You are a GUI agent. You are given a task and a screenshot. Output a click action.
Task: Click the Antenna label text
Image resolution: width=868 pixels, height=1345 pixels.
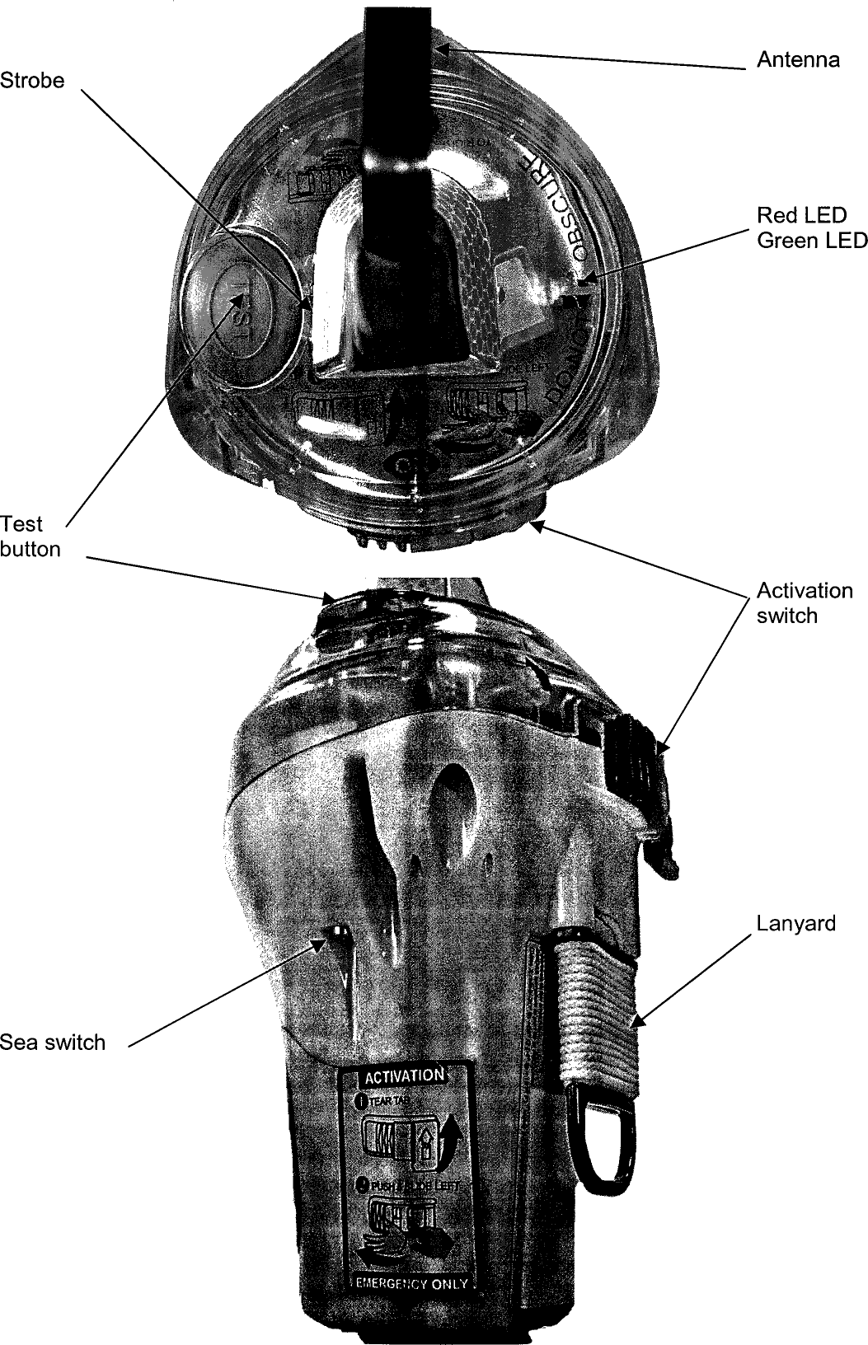pyautogui.click(x=798, y=60)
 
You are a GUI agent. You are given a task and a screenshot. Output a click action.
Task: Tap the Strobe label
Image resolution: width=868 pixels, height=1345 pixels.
pyautogui.click(x=32, y=81)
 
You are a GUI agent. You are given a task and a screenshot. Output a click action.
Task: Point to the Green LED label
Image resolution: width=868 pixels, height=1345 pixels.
pyautogui.click(x=812, y=241)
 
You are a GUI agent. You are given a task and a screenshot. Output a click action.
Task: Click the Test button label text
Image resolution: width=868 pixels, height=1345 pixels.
pyautogui.click(x=30, y=537)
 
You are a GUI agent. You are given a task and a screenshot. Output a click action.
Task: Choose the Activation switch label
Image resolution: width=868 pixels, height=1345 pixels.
pyautogui.click(x=804, y=603)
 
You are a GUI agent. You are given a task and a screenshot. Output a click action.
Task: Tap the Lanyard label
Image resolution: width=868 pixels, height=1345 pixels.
pyautogui.click(x=795, y=924)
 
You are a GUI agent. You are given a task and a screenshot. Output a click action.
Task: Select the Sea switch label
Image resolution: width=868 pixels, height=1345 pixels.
pyautogui.click(x=53, y=1043)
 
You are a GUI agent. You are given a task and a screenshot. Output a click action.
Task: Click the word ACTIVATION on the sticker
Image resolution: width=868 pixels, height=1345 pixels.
pyautogui.click(x=404, y=1076)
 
